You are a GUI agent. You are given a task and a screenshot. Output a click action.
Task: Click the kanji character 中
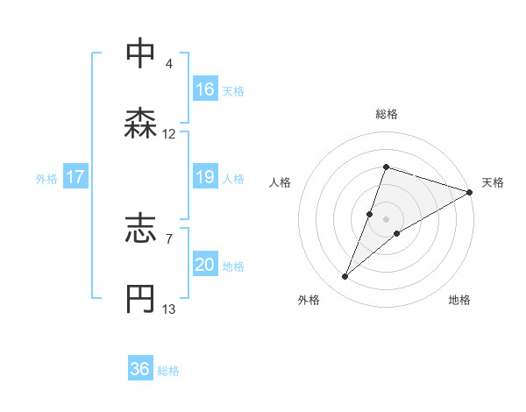[x=140, y=53]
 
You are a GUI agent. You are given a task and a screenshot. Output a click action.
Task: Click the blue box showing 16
[x=205, y=89]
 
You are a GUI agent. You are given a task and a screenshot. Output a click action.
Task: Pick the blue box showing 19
[x=205, y=178]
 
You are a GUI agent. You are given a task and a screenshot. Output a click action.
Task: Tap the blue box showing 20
[x=205, y=266]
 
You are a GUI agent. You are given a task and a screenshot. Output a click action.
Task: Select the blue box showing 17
[x=75, y=178]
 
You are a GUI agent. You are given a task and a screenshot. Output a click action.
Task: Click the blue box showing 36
[x=140, y=369]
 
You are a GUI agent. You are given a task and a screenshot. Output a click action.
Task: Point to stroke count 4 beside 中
[x=168, y=63]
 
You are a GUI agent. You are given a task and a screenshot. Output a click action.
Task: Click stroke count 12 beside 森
[x=169, y=134]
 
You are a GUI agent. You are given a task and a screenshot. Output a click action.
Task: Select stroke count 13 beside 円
[x=169, y=309]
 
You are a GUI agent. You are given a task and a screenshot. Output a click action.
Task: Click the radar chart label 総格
[x=386, y=114]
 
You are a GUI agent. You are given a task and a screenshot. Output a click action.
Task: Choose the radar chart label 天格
[x=493, y=182]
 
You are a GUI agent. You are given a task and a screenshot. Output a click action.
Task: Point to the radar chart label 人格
[x=281, y=182]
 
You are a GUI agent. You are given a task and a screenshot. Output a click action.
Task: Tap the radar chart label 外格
[x=309, y=300]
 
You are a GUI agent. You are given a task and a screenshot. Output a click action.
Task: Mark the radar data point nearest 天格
[x=469, y=192]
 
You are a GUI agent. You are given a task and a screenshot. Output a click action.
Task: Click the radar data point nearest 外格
[x=345, y=277]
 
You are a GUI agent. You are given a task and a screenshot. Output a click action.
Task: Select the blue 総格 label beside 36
[x=168, y=371]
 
